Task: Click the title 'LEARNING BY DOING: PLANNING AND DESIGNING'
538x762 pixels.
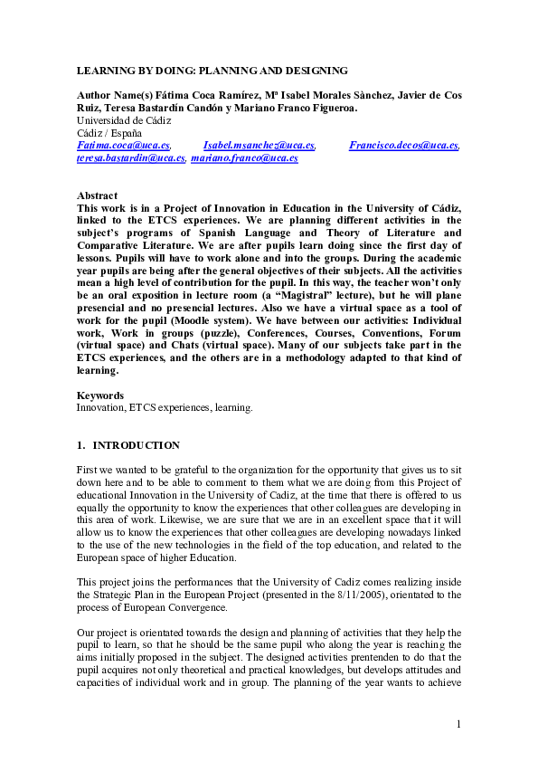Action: pos(212,71)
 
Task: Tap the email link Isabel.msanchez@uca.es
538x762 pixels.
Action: pos(259,145)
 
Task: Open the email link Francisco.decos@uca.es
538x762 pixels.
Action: pos(404,145)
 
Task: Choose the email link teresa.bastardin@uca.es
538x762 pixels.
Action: pos(131,157)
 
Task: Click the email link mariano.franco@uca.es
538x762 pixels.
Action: pos(244,157)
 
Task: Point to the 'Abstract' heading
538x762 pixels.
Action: pos(97,195)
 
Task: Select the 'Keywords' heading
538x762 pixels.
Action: pos(99,395)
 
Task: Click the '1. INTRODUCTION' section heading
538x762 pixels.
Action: pos(128,445)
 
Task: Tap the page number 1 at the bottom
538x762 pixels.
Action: pos(458,724)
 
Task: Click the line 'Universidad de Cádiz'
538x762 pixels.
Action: pos(124,120)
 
